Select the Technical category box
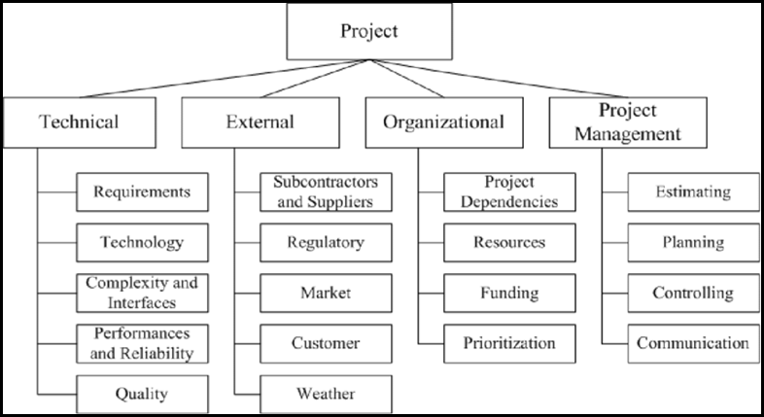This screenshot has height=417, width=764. tap(80, 122)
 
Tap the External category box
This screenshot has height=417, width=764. tap(260, 122)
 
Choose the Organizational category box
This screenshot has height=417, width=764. tap(443, 122)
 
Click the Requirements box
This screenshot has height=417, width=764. tap(142, 191)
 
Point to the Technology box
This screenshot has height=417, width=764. tap(142, 242)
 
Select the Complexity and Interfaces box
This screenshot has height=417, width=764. tap(142, 293)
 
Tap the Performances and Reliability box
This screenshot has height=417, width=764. tap(142, 343)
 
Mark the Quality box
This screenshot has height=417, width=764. tap(142, 394)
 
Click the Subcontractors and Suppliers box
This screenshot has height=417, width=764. tap(326, 191)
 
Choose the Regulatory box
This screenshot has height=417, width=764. tap(326, 242)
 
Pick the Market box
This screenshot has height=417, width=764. tap(326, 293)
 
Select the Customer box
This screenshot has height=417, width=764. tap(326, 343)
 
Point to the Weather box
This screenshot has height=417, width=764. tap(326, 394)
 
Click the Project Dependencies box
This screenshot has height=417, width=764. tap(509, 191)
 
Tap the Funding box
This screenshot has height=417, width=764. tap(509, 293)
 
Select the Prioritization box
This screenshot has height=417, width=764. tap(509, 343)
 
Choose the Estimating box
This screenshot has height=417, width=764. tap(693, 191)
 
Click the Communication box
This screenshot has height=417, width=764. tap(693, 343)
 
